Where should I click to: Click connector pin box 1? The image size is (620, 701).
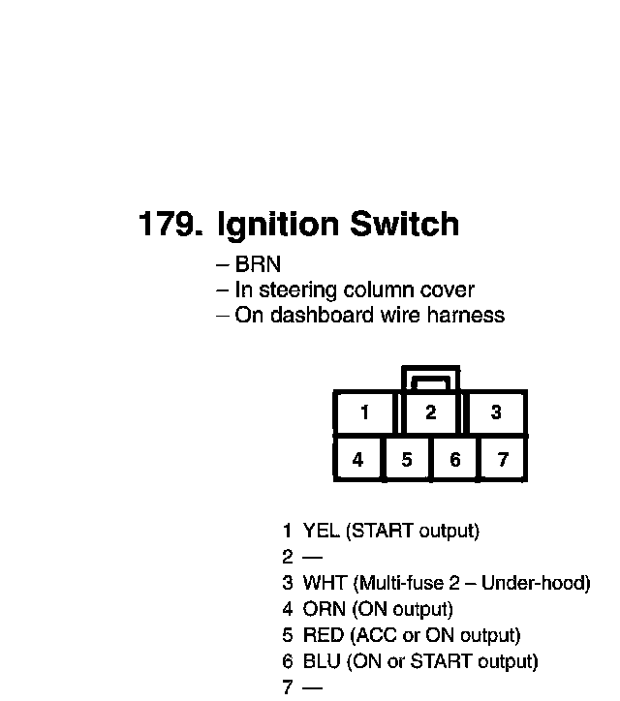tap(364, 413)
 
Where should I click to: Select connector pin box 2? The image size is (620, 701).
tap(430, 413)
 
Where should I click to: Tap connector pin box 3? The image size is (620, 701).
tap(496, 413)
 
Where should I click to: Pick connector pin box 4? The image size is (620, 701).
tap(358, 460)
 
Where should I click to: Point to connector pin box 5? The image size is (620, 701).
tap(407, 460)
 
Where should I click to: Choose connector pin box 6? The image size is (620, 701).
tap(455, 460)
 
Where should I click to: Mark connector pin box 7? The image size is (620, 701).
tap(503, 460)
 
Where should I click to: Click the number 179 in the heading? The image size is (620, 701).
tap(170, 225)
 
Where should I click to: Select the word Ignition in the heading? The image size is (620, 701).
tap(277, 226)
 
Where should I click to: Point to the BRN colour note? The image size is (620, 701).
tap(258, 264)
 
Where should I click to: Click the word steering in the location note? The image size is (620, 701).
tap(294, 290)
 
